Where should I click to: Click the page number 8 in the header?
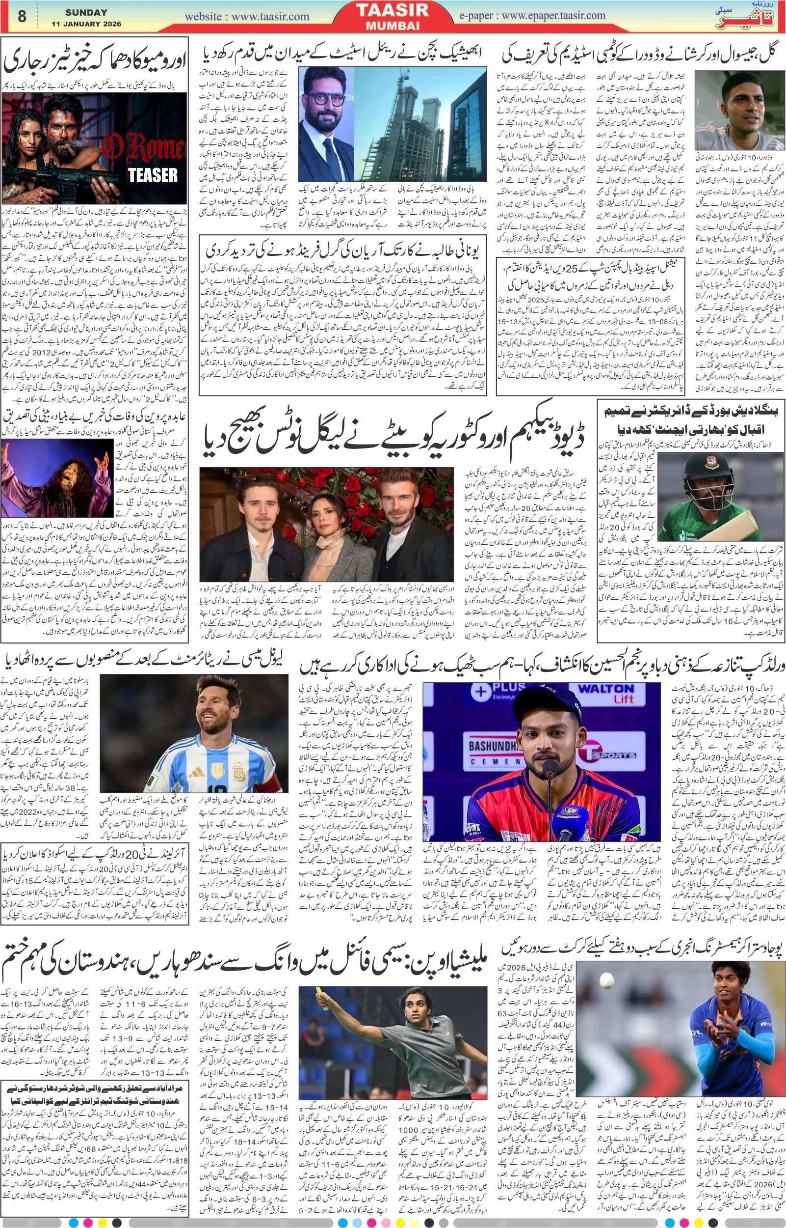tap(22, 17)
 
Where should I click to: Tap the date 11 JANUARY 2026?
tap(86, 24)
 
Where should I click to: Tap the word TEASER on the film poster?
tap(153, 175)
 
